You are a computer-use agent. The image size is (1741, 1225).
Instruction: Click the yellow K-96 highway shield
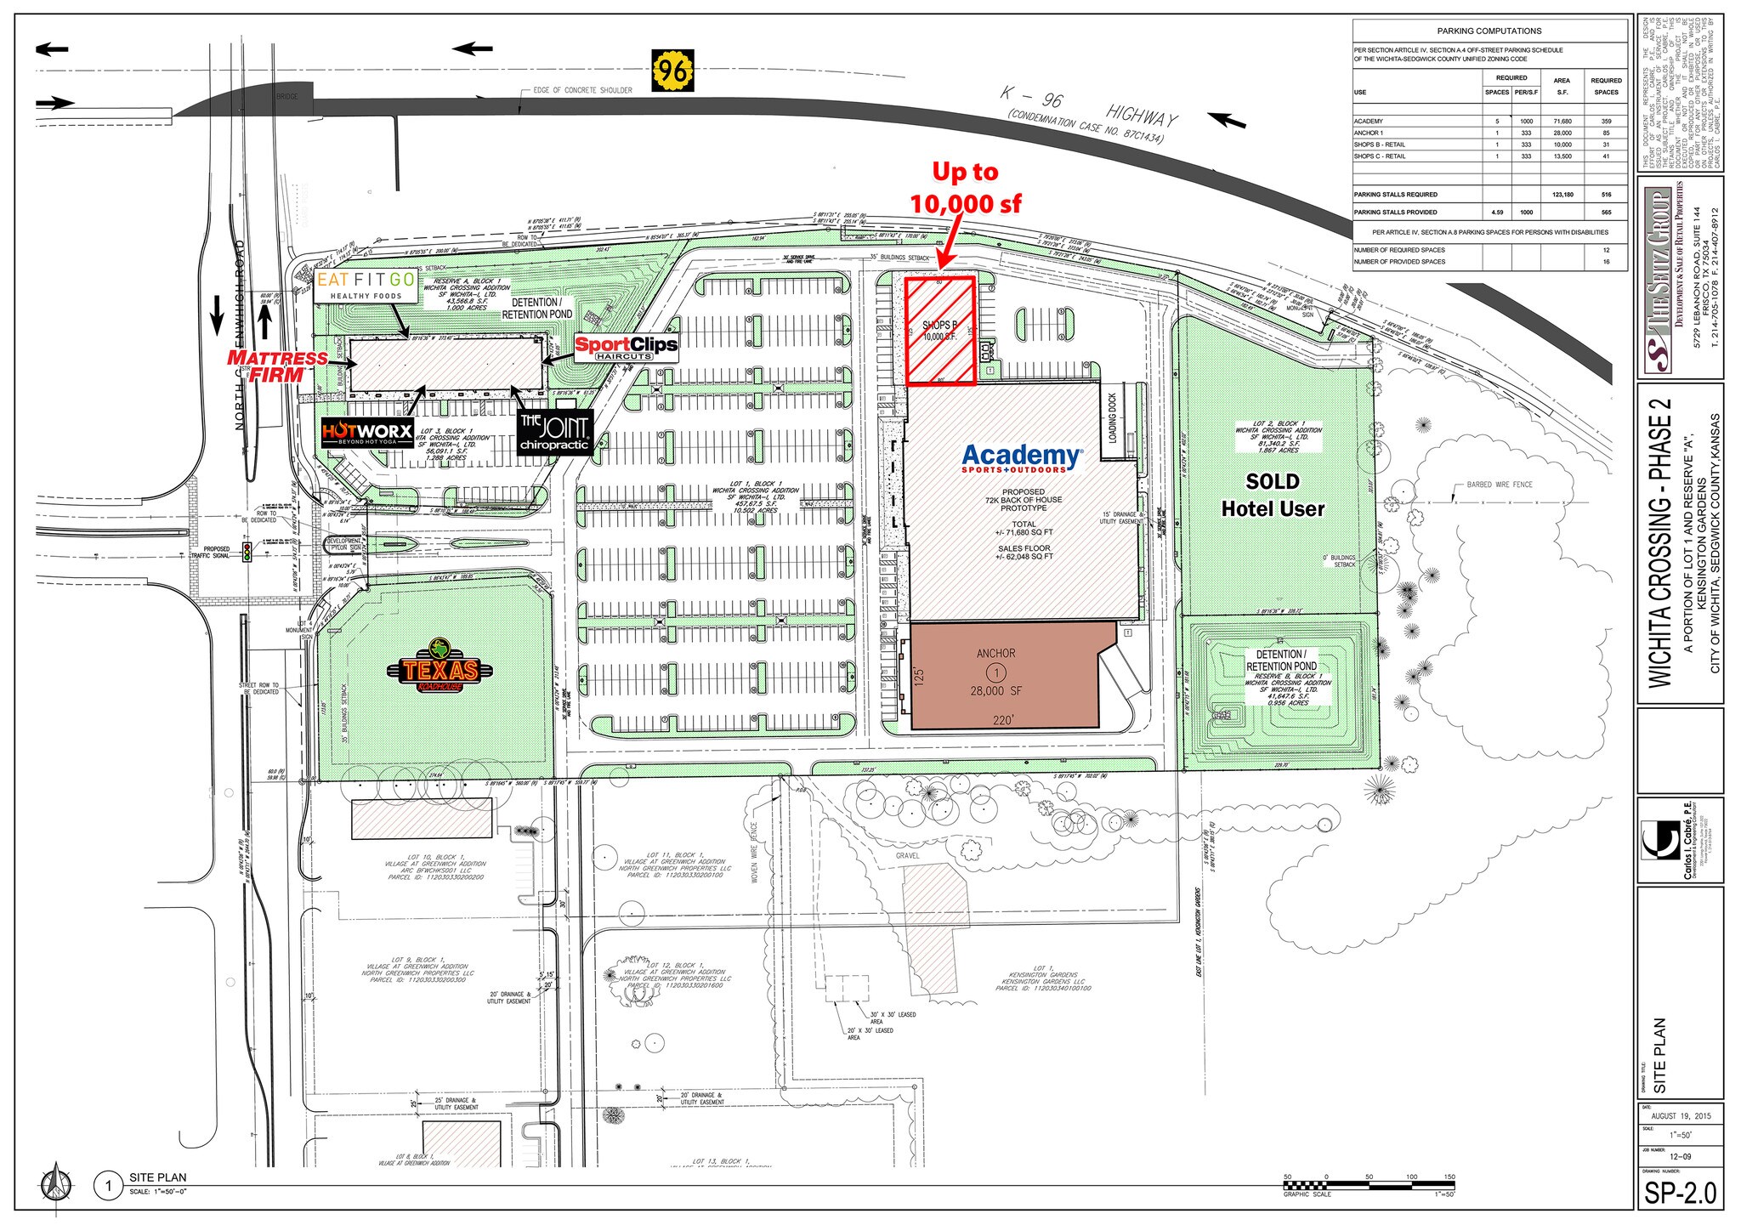(x=673, y=68)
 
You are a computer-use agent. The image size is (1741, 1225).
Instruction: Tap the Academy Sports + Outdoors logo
(x=1023, y=458)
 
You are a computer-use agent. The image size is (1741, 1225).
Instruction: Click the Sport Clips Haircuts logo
(x=627, y=347)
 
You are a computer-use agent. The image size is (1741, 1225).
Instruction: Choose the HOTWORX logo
(x=367, y=433)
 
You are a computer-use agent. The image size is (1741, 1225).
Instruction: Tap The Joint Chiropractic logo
(x=554, y=433)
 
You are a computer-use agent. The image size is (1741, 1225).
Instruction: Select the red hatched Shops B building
(x=939, y=331)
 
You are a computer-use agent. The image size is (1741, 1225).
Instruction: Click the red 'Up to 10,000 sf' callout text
(x=966, y=188)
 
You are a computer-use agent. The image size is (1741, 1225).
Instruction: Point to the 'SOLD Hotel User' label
(x=1273, y=495)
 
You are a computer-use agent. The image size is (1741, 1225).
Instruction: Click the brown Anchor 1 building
(x=1003, y=675)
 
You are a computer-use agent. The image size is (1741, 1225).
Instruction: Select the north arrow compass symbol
(x=54, y=1184)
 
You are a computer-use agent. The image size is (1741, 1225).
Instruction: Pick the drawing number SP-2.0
(x=1680, y=1192)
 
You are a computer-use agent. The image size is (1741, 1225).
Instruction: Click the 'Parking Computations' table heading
(x=1489, y=31)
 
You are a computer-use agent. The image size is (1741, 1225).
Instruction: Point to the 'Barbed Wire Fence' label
(x=1500, y=485)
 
